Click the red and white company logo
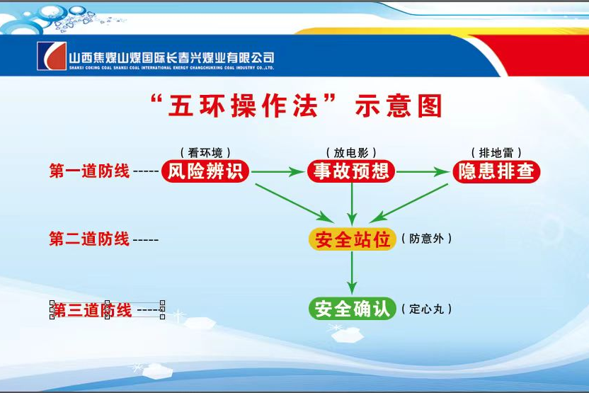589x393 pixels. (52, 56)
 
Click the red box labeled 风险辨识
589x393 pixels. (205, 171)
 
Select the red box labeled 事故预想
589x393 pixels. (351, 171)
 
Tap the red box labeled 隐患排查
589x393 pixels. (496, 171)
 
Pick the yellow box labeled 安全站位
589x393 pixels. (353, 239)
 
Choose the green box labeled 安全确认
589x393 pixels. (353, 309)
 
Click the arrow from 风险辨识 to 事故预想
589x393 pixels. (278, 171)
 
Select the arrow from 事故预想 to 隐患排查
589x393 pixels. (423, 171)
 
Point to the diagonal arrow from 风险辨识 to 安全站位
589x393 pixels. (294, 203)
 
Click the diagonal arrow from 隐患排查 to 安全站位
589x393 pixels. (409, 203)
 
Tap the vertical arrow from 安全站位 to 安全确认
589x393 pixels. (352, 273)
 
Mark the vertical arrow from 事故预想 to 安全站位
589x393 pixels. (352, 205)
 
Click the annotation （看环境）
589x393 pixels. (205, 152)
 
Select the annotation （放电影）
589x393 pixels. (351, 152)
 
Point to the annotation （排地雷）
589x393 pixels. (496, 152)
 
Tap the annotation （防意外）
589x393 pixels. (426, 239)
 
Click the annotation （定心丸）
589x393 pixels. (426, 309)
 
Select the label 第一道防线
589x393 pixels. (89, 171)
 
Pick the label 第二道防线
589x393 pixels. (89, 239)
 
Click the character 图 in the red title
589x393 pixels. (430, 106)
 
